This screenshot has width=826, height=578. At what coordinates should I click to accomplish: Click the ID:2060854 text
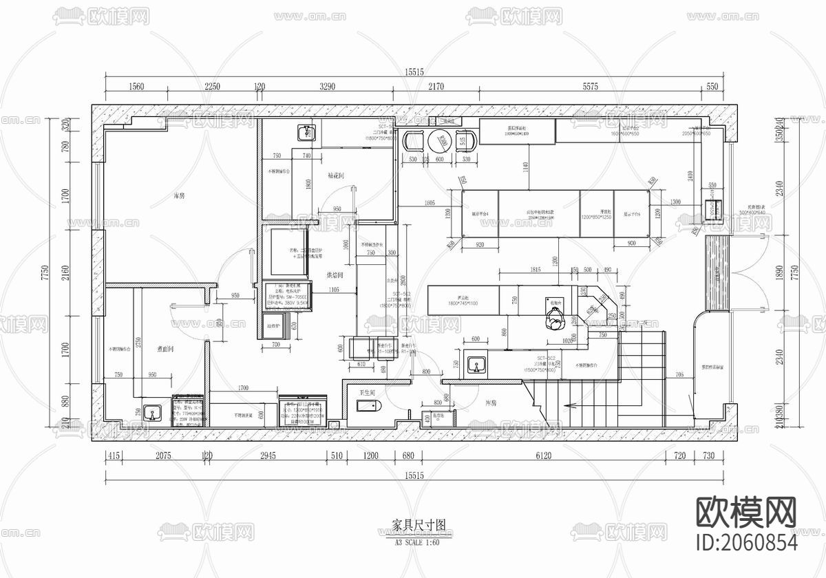(x=748, y=542)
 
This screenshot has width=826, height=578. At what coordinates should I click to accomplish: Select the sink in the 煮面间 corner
(x=153, y=413)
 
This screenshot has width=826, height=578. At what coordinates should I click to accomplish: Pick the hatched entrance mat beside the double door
(x=716, y=272)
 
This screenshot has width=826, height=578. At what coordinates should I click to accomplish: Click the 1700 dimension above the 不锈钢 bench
(x=244, y=389)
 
